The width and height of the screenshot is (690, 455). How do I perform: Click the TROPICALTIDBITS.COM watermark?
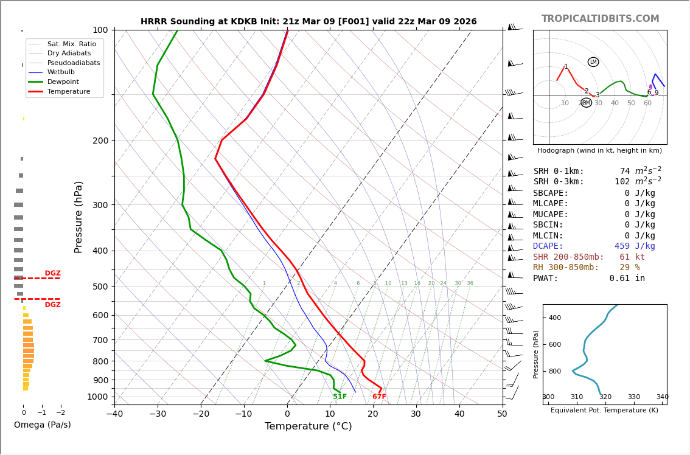pos(600,19)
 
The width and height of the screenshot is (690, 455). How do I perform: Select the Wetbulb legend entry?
pos(61,72)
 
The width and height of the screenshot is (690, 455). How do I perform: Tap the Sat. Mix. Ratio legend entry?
pos(71,44)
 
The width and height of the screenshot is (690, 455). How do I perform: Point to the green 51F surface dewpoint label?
pos(340,397)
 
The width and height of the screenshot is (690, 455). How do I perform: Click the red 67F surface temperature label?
pos(379,397)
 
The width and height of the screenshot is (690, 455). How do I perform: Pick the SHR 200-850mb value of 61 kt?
pos(632,257)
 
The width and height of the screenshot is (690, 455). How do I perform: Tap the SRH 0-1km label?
pos(559,172)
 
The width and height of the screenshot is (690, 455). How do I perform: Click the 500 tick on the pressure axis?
pos(100,287)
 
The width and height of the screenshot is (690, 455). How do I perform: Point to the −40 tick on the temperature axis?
pos(114,415)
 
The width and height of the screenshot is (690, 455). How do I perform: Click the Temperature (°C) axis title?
pos(308,426)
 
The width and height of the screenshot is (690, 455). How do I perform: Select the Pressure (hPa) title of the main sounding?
pos(78,217)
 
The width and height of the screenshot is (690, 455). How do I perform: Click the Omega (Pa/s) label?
pos(43,425)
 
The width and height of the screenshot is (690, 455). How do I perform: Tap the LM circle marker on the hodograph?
pos(593,62)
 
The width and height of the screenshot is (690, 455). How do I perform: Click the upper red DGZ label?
pos(52,273)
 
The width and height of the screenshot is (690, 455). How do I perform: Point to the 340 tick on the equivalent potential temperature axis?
pos(662,397)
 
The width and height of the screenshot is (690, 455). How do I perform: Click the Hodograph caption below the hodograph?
pos(599,150)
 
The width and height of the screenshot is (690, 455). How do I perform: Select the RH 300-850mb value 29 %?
pos(630,268)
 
